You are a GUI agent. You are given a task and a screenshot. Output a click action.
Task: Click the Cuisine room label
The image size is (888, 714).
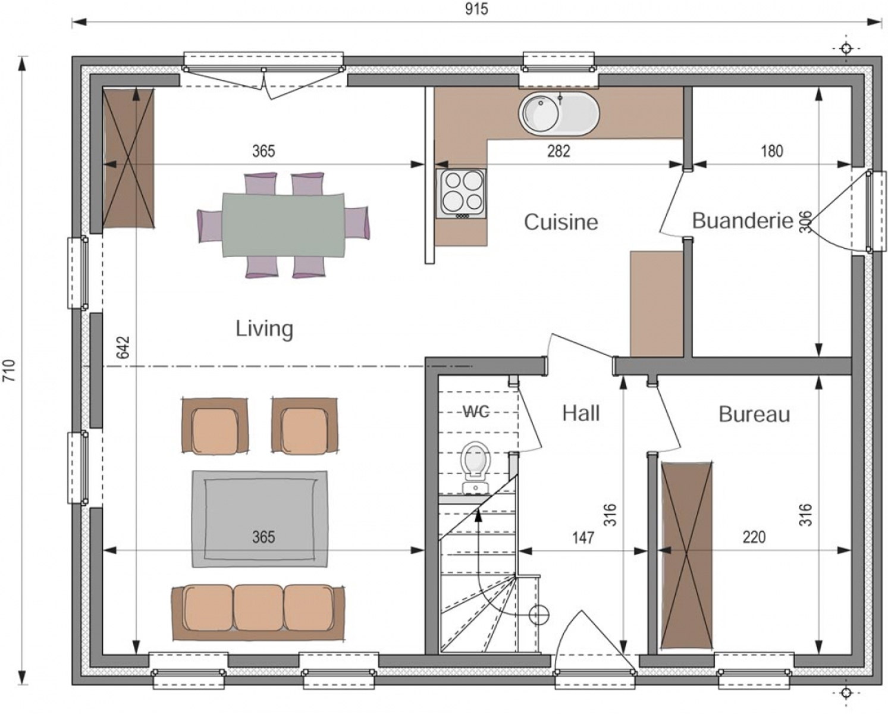click(561, 222)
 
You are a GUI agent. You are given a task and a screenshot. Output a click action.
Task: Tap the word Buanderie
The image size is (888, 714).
click(743, 221)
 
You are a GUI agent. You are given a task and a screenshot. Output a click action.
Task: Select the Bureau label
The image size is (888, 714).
click(754, 414)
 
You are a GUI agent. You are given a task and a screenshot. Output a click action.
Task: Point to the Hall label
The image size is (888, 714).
click(581, 413)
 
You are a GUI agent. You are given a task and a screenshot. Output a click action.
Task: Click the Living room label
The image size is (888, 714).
click(265, 329)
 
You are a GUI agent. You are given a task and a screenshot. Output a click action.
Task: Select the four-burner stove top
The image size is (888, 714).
click(462, 193)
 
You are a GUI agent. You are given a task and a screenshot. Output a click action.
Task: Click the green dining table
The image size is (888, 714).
click(284, 224)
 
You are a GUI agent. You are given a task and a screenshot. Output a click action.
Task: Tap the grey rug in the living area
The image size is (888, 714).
click(260, 519)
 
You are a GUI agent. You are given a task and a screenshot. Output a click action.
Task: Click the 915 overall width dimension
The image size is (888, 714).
click(477, 9)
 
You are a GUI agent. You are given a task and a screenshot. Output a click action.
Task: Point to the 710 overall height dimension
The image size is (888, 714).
click(10, 371)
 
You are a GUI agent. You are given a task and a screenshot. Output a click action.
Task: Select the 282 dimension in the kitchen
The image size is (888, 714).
click(558, 151)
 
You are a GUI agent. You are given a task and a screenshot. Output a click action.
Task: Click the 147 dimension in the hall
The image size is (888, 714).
click(583, 537)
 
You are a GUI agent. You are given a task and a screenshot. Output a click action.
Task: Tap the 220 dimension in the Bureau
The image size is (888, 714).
click(754, 537)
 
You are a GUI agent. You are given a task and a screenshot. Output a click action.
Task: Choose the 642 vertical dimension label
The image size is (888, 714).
click(124, 347)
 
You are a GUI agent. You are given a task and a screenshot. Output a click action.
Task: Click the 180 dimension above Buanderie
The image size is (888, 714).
click(771, 151)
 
